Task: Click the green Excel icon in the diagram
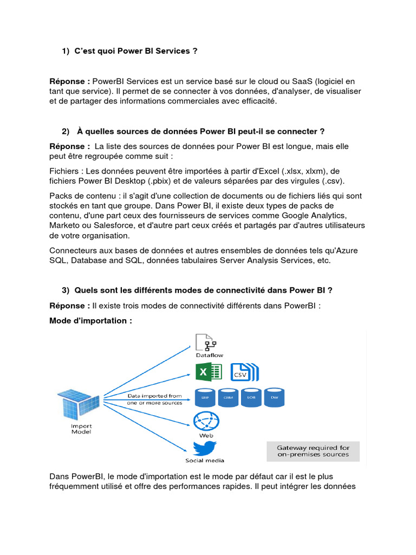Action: [x=208, y=371]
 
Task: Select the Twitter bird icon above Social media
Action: [x=205, y=448]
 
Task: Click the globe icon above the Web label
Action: [x=205, y=421]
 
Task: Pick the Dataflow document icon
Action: [x=206, y=343]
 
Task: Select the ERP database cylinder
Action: [x=205, y=397]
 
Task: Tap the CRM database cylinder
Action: [x=228, y=397]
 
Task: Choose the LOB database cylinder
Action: [x=251, y=397]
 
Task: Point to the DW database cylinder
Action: [x=274, y=397]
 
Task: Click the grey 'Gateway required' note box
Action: [x=313, y=451]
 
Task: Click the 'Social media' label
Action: [x=205, y=460]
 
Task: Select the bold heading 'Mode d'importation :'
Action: [x=90, y=321]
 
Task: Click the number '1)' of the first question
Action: [x=66, y=51]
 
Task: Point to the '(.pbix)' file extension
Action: [x=153, y=180]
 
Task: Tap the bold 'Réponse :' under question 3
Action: [x=69, y=306]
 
